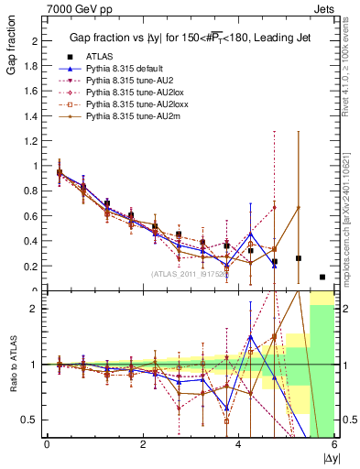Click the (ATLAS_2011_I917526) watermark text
(190, 273)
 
